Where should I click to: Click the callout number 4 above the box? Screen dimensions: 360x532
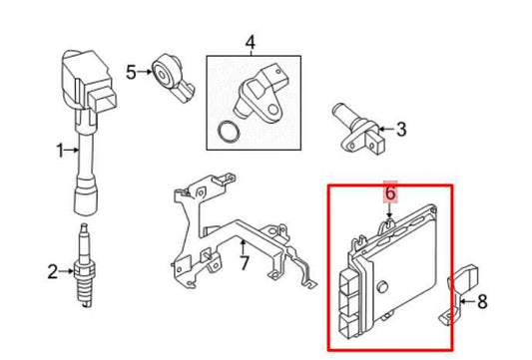tap(250, 42)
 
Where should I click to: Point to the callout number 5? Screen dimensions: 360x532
tap(131, 71)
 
